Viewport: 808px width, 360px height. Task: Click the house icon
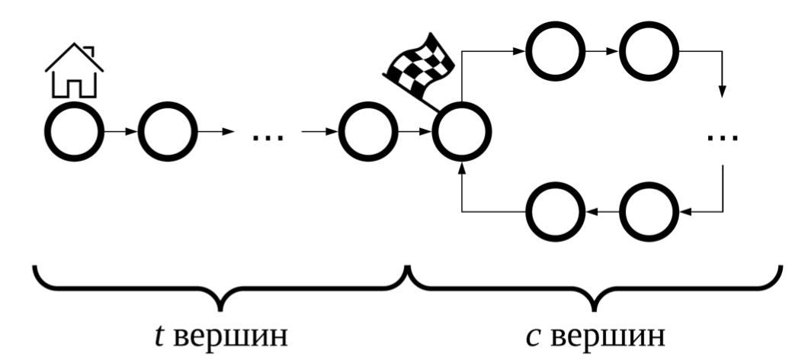(74, 72)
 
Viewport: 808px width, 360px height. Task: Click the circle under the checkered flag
(462, 134)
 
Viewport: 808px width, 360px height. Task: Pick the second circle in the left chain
(167, 134)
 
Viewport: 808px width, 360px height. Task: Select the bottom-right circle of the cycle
(648, 212)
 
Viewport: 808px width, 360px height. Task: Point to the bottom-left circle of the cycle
(556, 212)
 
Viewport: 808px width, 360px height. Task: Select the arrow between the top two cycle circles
(601, 53)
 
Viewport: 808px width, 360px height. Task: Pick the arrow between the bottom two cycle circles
(601, 212)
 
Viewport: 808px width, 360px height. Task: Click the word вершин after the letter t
(230, 336)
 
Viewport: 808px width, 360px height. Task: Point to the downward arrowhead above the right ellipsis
(722, 94)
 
